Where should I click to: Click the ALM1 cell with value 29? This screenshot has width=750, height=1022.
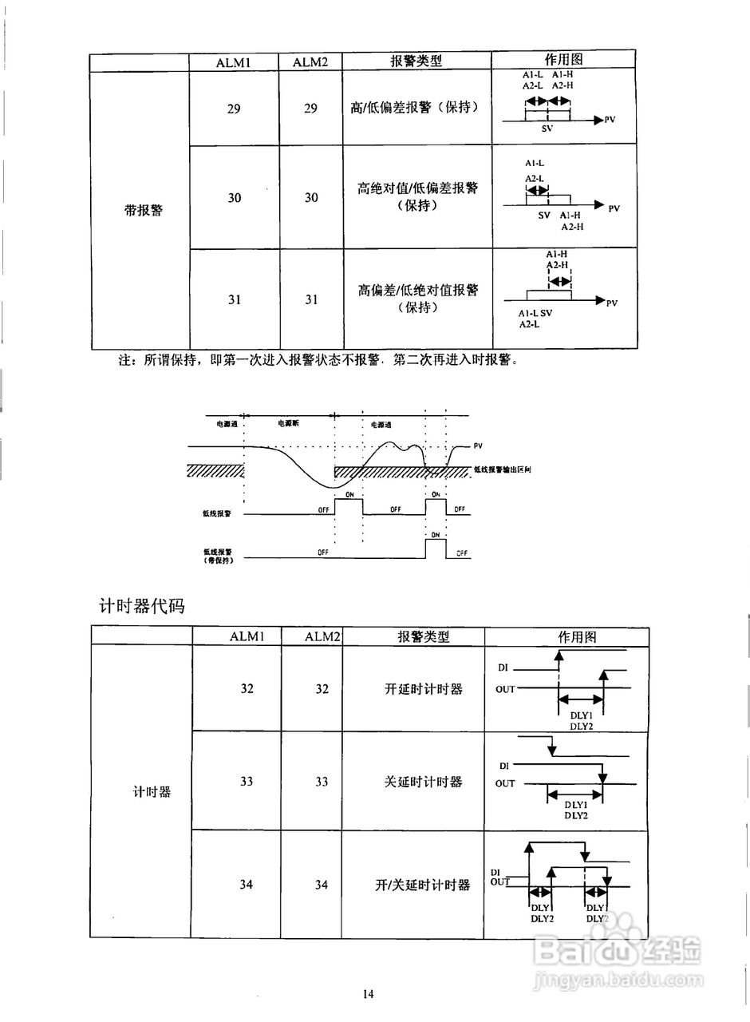coord(234,109)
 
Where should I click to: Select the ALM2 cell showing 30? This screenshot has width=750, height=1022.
coord(311,197)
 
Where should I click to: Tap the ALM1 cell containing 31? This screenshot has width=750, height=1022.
coord(234,299)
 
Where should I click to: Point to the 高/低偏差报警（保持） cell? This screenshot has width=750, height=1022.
coord(415,107)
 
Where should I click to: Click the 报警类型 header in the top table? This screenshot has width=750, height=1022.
coord(416,61)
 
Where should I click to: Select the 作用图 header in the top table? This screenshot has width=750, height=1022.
coord(563,60)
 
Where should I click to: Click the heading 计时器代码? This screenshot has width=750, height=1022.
coord(141,606)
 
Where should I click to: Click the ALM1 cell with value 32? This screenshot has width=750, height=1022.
coord(247,688)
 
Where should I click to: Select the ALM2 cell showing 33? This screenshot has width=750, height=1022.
coord(322,782)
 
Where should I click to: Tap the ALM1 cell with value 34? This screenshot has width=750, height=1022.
coord(247,885)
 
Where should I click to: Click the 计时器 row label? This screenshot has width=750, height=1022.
coord(152,792)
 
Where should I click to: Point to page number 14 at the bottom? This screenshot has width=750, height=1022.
coord(368,994)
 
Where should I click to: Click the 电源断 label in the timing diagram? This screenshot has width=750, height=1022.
coord(288,423)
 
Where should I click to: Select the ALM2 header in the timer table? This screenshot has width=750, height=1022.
coord(322,636)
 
